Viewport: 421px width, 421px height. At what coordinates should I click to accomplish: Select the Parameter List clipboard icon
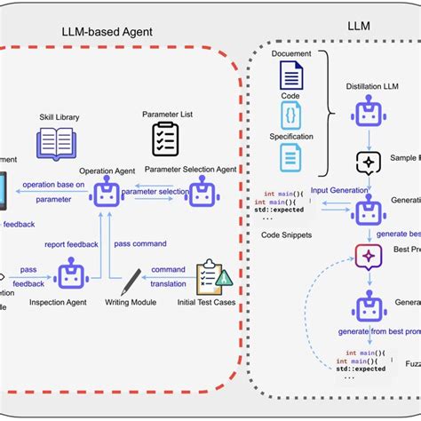(x=165, y=139)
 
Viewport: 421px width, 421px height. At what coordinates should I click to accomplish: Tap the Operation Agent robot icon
(x=107, y=191)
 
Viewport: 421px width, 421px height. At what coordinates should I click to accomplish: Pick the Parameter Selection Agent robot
(x=203, y=191)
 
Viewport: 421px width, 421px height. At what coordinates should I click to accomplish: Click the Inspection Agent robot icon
(x=71, y=274)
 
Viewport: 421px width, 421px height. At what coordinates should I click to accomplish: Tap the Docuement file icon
(x=292, y=75)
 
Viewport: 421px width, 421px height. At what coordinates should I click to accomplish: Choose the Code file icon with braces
(x=292, y=116)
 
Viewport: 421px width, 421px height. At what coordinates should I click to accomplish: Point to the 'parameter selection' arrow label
(x=155, y=191)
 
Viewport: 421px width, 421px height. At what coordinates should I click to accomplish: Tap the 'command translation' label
(x=168, y=275)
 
